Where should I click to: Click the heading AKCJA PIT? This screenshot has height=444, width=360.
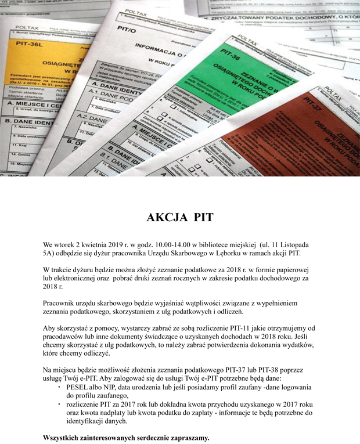click(x=180, y=218)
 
